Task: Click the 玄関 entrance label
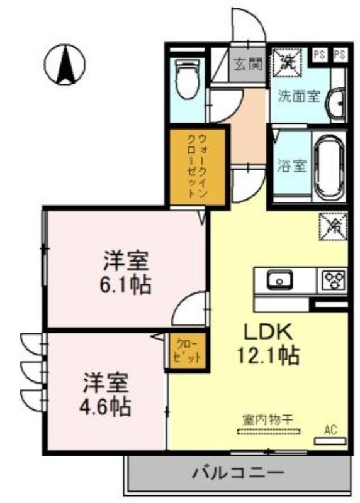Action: (x=246, y=64)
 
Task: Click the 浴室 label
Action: (x=291, y=167)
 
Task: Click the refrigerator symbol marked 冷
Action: (x=331, y=227)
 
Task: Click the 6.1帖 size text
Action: (x=126, y=285)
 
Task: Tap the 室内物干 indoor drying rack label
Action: (x=269, y=419)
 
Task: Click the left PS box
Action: (x=320, y=54)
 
